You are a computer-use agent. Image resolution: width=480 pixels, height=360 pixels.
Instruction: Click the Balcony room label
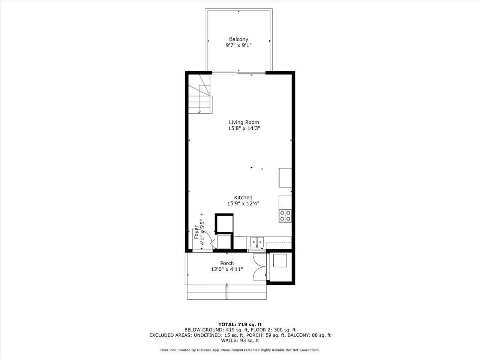click(238, 39)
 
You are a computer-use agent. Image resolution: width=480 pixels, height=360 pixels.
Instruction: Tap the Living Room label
click(244, 122)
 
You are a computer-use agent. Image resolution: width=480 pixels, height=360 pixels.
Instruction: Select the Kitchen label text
click(243, 198)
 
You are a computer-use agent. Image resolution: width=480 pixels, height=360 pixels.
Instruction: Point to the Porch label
click(227, 263)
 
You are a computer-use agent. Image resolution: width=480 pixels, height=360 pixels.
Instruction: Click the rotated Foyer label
click(196, 233)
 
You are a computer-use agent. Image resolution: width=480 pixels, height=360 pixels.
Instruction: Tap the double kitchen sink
click(257, 242)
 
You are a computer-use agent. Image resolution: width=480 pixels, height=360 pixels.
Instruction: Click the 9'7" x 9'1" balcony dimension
click(238, 45)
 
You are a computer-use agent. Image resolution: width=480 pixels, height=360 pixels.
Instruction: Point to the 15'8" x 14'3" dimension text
click(244, 128)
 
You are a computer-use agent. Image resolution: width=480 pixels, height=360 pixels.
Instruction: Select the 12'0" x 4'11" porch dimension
click(227, 269)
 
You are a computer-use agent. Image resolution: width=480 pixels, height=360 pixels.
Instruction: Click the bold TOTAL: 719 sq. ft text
click(240, 324)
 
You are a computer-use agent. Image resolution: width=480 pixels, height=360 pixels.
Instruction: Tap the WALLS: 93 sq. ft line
click(240, 340)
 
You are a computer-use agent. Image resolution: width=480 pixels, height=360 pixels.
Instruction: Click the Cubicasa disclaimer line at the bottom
click(240, 350)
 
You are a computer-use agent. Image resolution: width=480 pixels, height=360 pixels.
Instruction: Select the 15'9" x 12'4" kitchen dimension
click(243, 204)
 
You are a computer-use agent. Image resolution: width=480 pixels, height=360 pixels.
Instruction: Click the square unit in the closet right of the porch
click(280, 261)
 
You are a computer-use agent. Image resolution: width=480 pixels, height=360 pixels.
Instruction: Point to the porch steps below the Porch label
click(226, 292)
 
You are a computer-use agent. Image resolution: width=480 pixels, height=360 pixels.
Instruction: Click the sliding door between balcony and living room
click(239, 73)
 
